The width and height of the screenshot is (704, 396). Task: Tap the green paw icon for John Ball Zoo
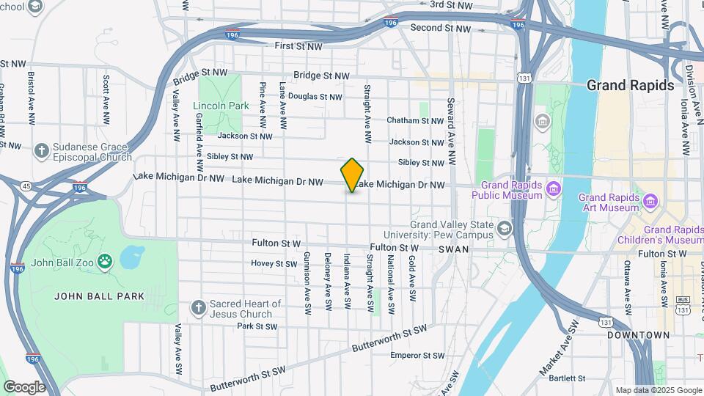(x=106, y=261)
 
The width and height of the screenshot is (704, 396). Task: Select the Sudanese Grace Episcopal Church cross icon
(x=42, y=151)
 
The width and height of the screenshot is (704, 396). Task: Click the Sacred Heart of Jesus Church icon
(x=197, y=308)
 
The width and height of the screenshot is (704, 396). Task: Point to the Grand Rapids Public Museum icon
(x=554, y=190)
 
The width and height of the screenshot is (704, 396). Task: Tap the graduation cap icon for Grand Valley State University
(x=504, y=229)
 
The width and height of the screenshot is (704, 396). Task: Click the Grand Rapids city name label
(x=630, y=86)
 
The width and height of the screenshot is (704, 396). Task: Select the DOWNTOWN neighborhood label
(x=638, y=335)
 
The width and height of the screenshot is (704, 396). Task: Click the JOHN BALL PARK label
(x=99, y=296)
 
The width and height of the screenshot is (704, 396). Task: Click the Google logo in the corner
(x=23, y=386)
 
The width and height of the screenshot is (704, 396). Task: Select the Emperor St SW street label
(x=417, y=356)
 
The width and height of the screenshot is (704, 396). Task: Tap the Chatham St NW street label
(x=415, y=120)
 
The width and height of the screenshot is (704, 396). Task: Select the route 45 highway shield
(x=27, y=186)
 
